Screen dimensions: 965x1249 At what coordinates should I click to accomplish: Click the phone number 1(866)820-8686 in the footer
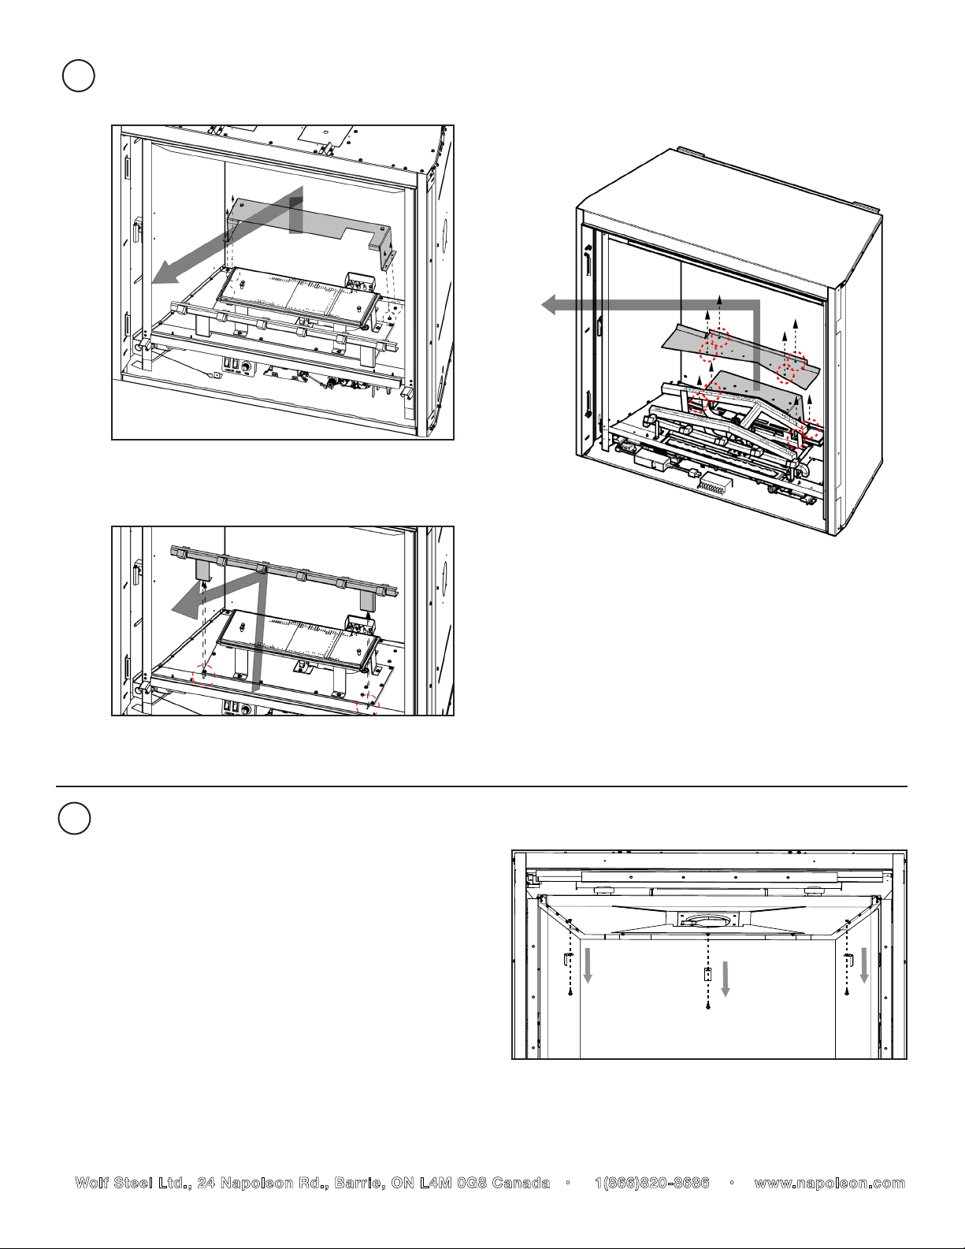click(x=652, y=1183)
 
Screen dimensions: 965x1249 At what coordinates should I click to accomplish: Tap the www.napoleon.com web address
click(x=830, y=1183)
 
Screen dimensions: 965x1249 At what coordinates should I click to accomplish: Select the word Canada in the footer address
click(x=521, y=1183)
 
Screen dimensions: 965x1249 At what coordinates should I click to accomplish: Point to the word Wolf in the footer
click(x=91, y=1183)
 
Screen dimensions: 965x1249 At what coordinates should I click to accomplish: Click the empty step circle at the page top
click(x=78, y=76)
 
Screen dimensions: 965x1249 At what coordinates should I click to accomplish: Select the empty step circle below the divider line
click(x=74, y=819)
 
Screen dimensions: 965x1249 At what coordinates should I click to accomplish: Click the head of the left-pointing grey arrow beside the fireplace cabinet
click(x=548, y=304)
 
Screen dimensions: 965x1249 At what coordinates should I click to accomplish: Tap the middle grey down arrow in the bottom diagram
click(x=725, y=979)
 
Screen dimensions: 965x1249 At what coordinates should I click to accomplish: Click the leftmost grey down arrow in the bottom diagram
click(x=588, y=966)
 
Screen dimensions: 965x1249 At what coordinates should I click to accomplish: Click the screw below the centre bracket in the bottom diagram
click(x=707, y=1006)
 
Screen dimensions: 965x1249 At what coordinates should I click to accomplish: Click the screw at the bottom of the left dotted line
click(x=570, y=993)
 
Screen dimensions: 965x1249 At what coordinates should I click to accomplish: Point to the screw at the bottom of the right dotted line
click(x=846, y=993)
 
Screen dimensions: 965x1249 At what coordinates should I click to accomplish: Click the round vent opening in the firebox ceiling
click(x=707, y=920)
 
